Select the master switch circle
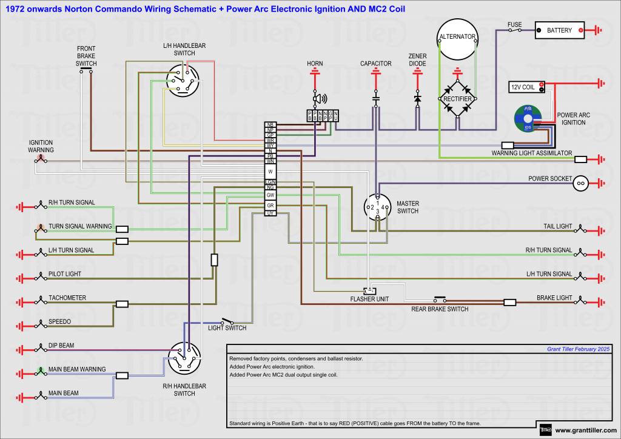378,208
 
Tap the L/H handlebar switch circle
183,81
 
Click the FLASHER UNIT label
369,299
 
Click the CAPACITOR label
376,64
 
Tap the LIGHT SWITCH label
227,328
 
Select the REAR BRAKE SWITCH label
440,309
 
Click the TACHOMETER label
67,298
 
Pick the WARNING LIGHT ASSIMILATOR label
531,153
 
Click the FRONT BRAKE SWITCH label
86,56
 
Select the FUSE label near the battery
514,25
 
